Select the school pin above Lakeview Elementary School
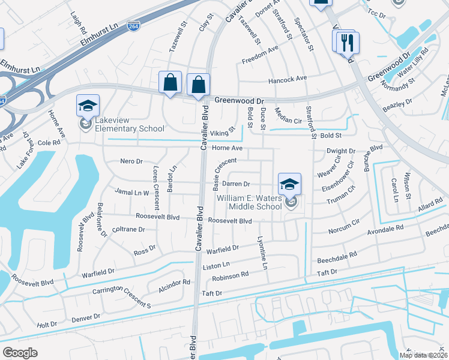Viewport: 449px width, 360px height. click(88, 106)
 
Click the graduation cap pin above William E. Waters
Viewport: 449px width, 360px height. click(289, 184)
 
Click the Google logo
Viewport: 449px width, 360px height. click(20, 353)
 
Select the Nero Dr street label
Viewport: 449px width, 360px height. click(131, 161)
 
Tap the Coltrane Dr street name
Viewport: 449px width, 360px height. click(129, 229)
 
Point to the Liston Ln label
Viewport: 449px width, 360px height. click(217, 265)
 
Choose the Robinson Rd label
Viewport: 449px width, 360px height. click(231, 275)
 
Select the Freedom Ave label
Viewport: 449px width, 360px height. click(260, 61)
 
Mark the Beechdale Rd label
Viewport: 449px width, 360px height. click(337, 254)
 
